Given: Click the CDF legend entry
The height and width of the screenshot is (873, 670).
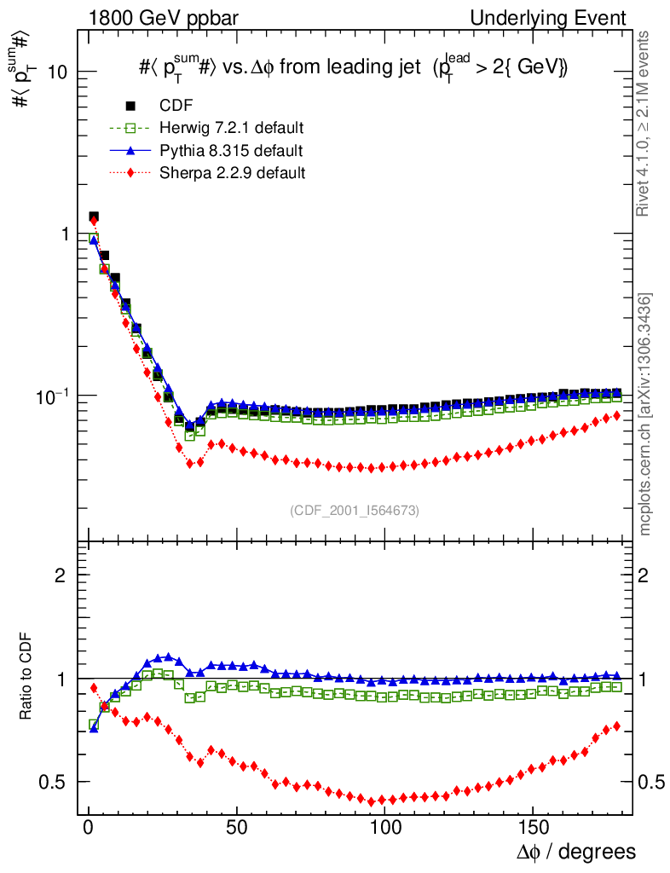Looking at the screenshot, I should coord(176,106).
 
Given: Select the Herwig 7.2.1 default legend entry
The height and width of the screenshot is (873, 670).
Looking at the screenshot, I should coord(231,128).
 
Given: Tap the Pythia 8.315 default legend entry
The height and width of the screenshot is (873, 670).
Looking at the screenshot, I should coord(230,151).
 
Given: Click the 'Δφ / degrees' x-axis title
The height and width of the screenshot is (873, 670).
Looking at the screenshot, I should coord(577,851).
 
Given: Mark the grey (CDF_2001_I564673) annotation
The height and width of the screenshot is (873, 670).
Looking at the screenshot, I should coord(355,510).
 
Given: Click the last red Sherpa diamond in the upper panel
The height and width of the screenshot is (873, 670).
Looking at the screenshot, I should coord(616,415).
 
